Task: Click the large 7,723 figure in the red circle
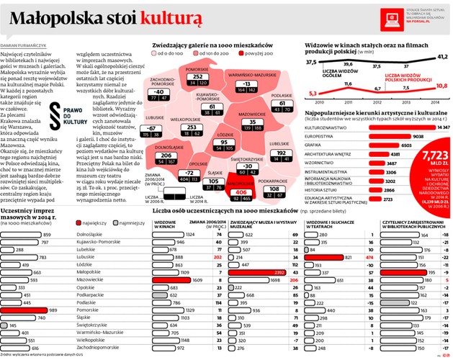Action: point(434,155)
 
